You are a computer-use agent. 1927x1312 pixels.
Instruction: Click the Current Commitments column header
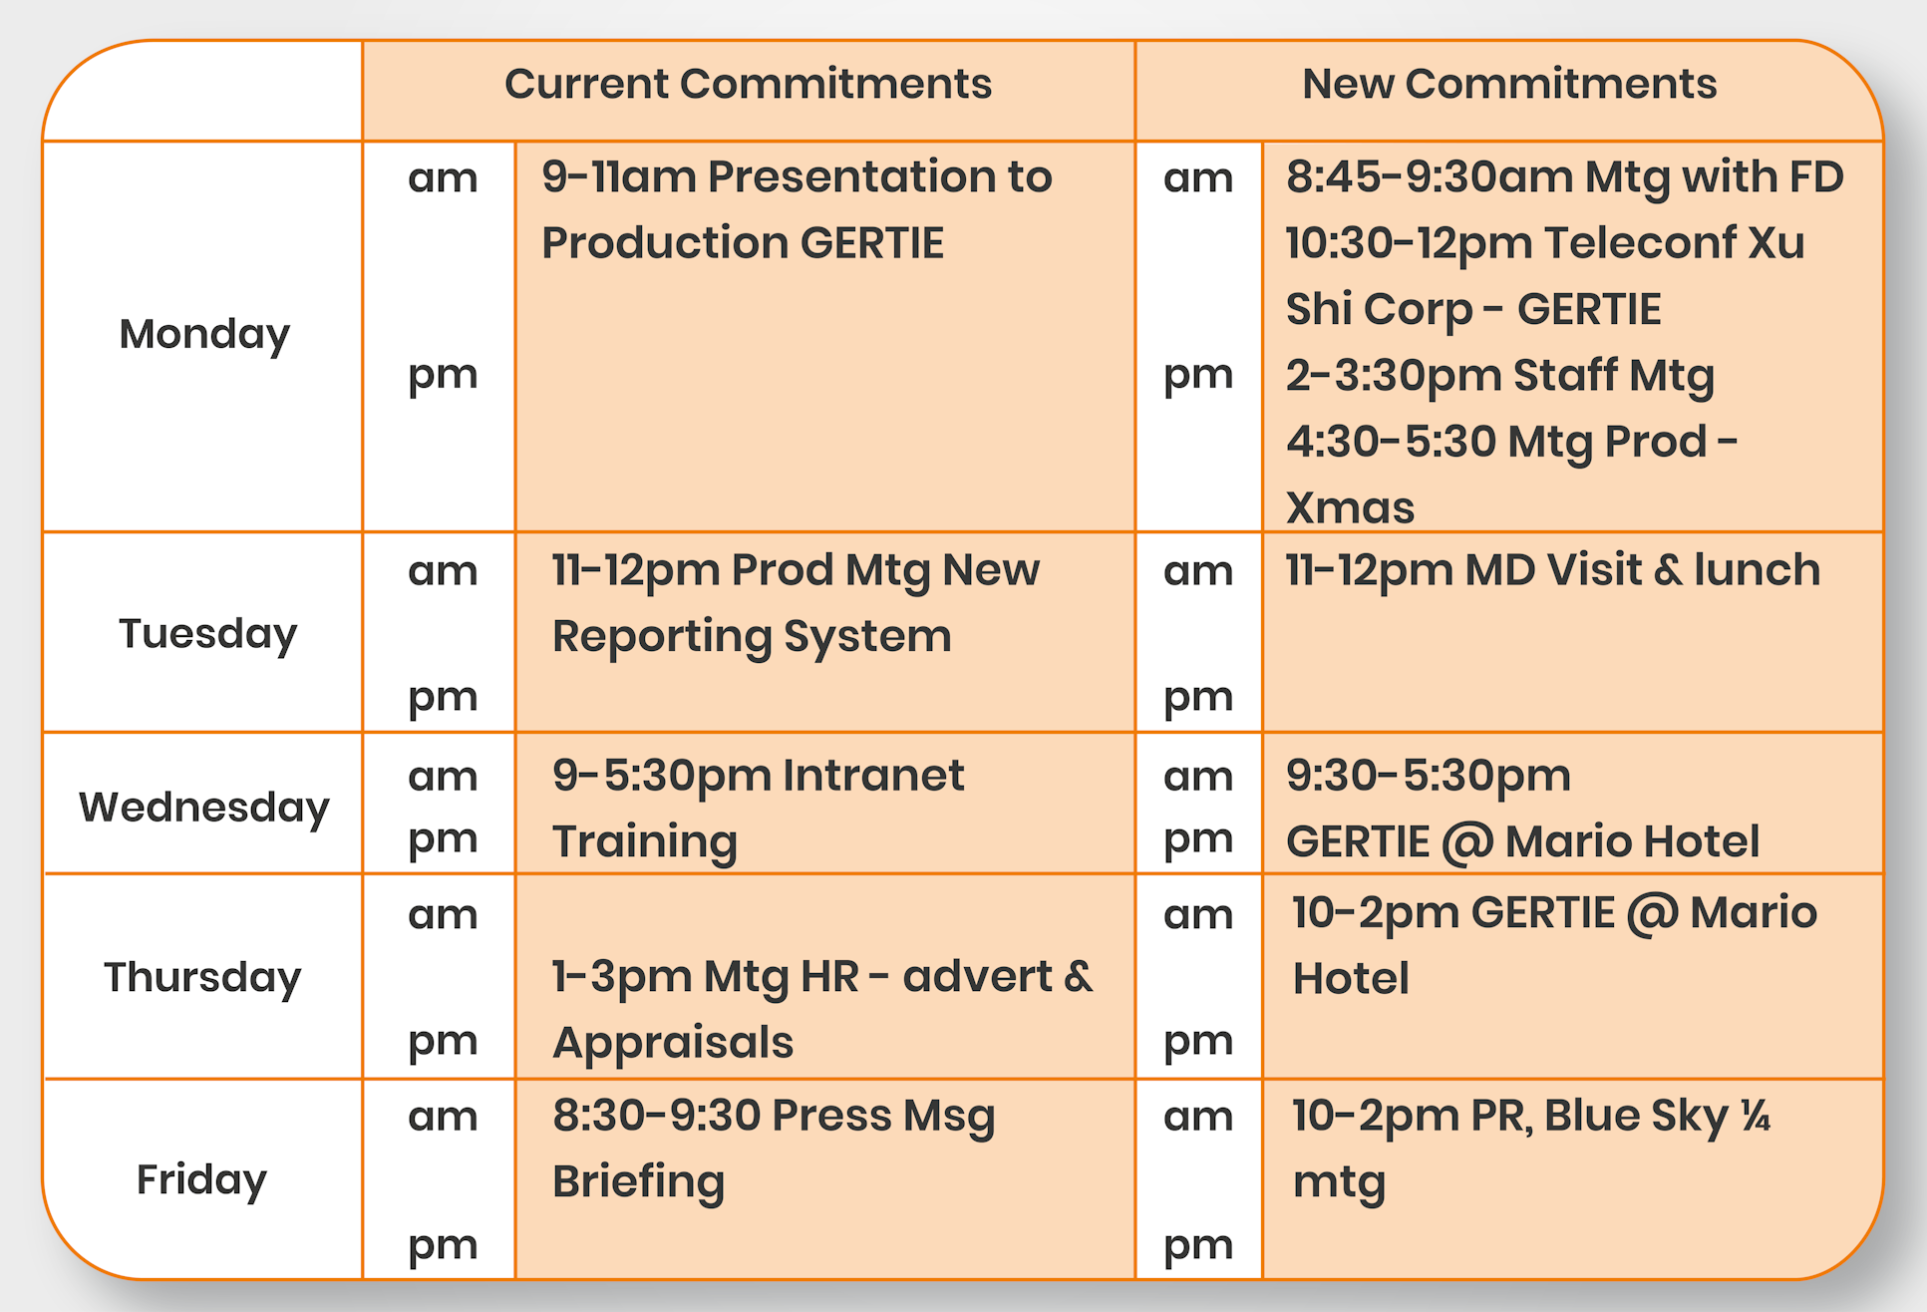point(748,84)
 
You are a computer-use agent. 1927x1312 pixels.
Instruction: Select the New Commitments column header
point(1509,84)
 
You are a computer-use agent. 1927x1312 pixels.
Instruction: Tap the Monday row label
point(204,335)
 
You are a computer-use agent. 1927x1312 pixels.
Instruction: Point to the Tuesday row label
point(207,634)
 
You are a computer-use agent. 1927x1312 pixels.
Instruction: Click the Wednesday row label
point(204,808)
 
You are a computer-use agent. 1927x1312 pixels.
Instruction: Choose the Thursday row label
point(202,978)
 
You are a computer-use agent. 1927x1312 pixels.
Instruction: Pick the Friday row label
point(201,1180)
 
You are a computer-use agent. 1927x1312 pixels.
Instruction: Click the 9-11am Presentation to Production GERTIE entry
point(797,209)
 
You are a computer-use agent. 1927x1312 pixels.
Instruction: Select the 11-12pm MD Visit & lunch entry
point(1553,571)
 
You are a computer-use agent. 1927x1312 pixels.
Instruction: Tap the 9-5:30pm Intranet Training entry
point(758,809)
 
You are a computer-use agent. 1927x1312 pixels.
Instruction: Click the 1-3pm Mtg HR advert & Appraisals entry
point(822,1010)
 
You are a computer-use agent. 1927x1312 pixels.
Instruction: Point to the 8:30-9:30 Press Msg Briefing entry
point(774,1148)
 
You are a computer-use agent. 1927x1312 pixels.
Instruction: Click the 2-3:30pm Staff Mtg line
point(1500,377)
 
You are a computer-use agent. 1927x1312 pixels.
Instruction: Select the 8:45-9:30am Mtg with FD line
point(1565,177)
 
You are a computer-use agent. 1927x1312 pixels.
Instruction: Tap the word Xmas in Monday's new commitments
point(1350,508)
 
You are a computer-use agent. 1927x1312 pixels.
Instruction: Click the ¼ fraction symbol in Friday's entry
point(1756,1116)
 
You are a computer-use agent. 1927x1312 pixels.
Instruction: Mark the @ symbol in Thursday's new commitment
point(1652,914)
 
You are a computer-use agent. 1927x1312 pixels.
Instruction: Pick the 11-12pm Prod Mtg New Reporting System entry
point(796,604)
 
